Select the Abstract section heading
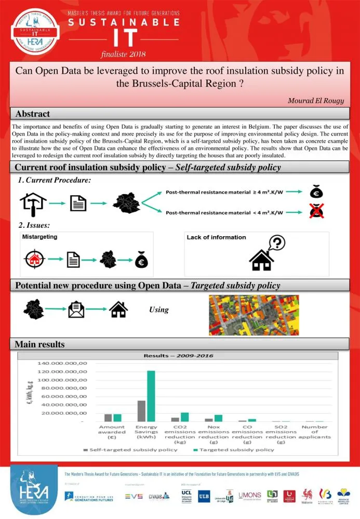[x=33, y=114]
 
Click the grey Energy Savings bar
[x=141, y=411]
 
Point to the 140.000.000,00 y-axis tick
[x=61, y=363]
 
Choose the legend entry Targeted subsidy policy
[x=237, y=449]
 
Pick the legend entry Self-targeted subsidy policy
[x=133, y=449]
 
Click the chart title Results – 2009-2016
[x=178, y=356]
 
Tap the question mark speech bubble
[x=277, y=242]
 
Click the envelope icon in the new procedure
[x=77, y=310]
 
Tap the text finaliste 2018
[x=124, y=54]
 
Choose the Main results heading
[x=39, y=344]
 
